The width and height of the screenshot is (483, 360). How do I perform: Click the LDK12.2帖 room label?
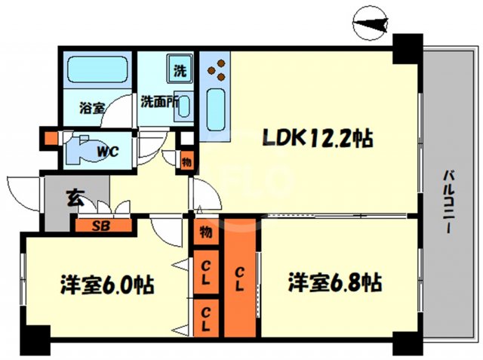click(x=318, y=138)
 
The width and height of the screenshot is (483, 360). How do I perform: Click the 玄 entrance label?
click(x=75, y=199)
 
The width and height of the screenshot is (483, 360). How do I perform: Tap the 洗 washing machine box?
click(x=180, y=71)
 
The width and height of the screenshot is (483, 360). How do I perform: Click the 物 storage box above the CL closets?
click(x=205, y=232)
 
